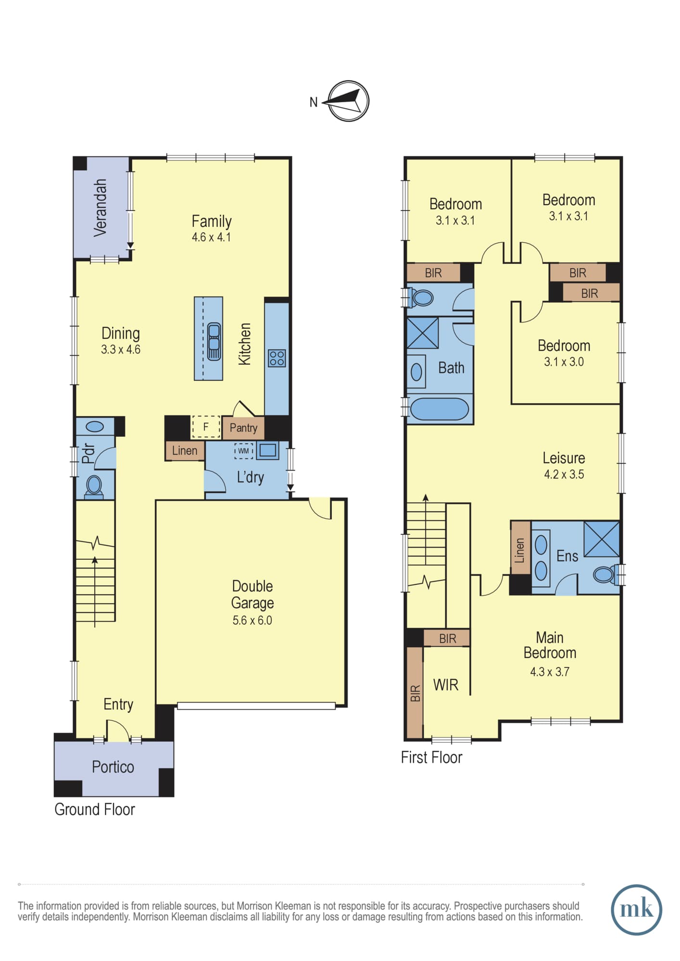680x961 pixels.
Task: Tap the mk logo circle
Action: (636, 910)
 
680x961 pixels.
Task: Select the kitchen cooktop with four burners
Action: (277, 358)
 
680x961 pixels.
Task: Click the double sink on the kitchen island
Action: (214, 342)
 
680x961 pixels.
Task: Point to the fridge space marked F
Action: (206, 427)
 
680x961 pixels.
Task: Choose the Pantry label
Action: (243, 428)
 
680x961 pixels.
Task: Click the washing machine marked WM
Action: (244, 451)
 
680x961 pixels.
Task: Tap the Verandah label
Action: (100, 208)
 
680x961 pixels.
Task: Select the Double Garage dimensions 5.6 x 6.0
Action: (252, 620)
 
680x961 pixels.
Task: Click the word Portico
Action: (113, 767)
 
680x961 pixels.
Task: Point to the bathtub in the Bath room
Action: (439, 409)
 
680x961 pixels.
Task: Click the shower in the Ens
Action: (601, 539)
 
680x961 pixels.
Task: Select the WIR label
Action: (446, 685)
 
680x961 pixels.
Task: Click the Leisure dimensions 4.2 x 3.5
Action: (564, 474)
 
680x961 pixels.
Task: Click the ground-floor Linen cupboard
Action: (185, 451)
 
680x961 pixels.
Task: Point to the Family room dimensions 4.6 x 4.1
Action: (212, 237)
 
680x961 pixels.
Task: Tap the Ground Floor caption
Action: (95, 810)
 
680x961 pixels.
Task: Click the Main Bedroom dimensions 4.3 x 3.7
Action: (550, 672)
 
